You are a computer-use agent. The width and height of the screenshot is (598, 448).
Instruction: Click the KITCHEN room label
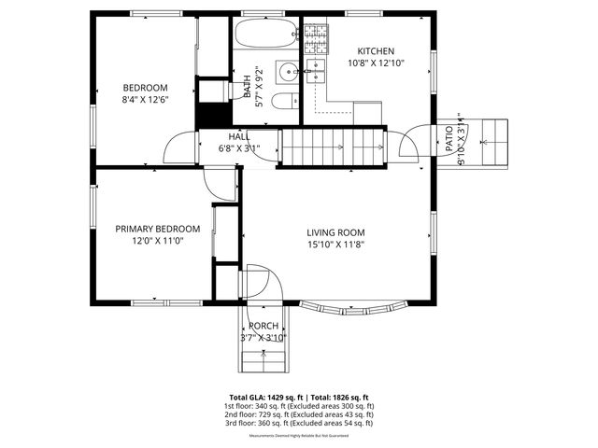point(376,51)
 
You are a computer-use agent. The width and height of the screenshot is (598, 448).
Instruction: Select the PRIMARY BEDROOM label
point(157,229)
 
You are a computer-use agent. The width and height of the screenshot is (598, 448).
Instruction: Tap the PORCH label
point(263,326)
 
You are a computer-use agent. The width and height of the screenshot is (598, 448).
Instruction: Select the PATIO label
point(448,140)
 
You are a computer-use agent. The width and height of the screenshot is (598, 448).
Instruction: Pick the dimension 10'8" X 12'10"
point(376,63)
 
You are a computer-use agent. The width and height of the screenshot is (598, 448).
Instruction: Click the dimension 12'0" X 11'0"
point(157,241)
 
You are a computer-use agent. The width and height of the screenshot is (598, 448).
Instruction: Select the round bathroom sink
point(289,69)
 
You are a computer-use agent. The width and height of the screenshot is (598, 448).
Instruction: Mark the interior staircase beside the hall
point(334,147)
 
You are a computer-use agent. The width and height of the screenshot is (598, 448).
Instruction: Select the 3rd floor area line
point(299,423)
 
